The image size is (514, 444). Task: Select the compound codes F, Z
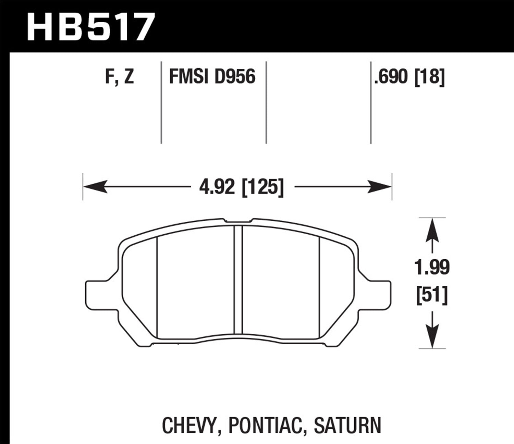coord(119,77)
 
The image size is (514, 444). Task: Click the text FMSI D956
coord(212,77)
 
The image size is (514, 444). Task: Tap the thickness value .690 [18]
coord(409,77)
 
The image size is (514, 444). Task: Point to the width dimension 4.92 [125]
coord(242,187)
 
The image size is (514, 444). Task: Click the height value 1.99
coord(432,268)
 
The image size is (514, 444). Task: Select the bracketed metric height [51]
coord(432,295)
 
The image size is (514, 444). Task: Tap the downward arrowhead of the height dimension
coord(432,337)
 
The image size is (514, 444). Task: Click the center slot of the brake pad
coord(238,279)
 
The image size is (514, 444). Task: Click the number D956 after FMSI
coord(235,77)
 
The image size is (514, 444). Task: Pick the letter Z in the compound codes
coord(129,77)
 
